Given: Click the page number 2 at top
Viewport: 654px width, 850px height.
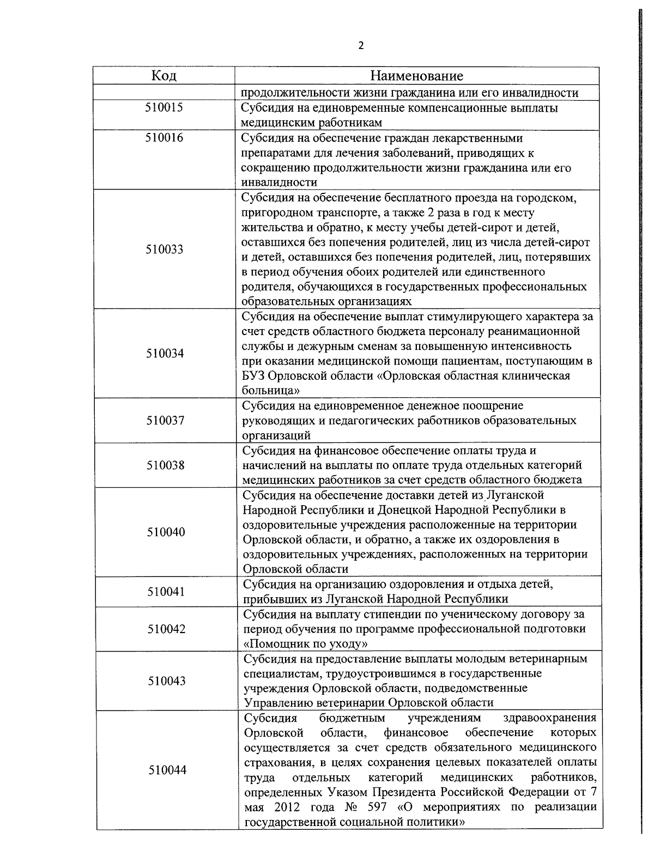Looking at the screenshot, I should pyautogui.click(x=361, y=45).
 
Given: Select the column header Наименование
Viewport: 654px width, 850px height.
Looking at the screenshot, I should pyautogui.click(x=417, y=75).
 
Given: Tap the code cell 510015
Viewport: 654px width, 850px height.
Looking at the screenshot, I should pyautogui.click(x=164, y=107).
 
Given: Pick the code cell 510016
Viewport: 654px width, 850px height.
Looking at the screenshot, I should pyautogui.click(x=164, y=137).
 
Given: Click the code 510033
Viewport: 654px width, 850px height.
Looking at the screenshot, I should pyautogui.click(x=165, y=250).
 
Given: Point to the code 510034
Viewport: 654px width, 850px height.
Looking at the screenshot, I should pyautogui.click(x=165, y=354).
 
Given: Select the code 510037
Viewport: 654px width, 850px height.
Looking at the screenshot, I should pyautogui.click(x=165, y=421).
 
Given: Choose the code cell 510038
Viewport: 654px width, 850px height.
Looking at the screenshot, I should pyautogui.click(x=165, y=465).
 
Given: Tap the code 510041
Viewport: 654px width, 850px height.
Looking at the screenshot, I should pyautogui.click(x=166, y=592).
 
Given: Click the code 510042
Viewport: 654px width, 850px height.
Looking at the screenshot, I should pyautogui.click(x=166, y=629).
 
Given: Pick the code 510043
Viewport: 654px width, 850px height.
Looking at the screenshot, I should pyautogui.click(x=166, y=681).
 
